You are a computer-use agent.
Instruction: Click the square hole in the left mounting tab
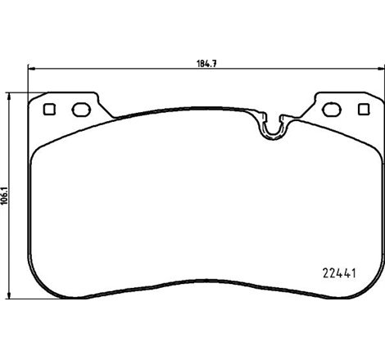(48, 109)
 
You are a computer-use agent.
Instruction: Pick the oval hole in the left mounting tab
(79, 109)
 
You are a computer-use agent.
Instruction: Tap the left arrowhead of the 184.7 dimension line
(31, 70)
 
